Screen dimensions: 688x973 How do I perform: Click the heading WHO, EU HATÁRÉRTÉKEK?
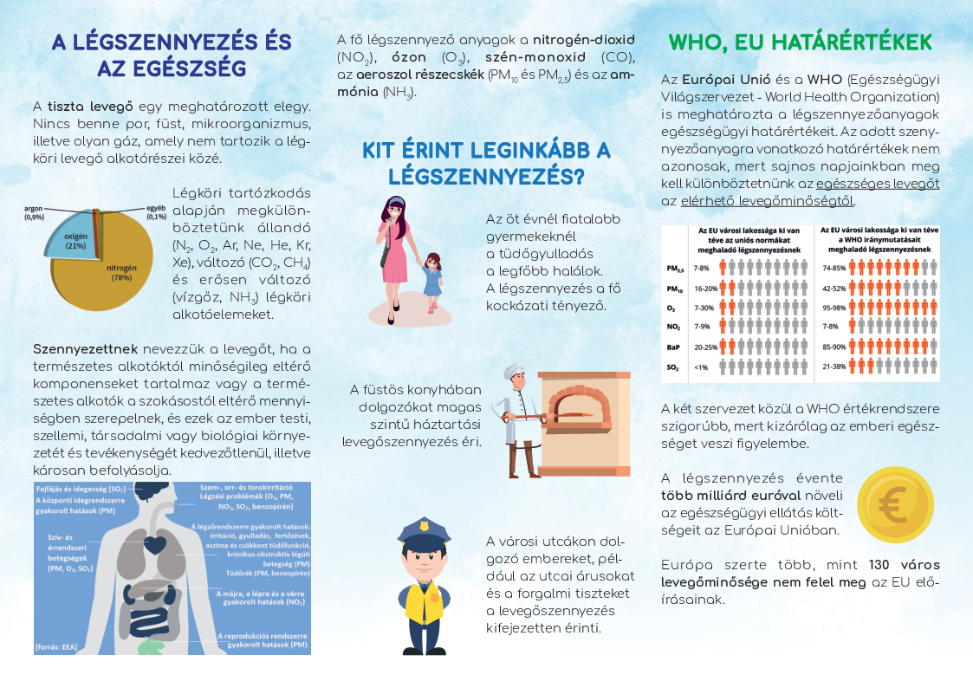coord(801,42)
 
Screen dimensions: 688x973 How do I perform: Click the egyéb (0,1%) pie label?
coord(156,212)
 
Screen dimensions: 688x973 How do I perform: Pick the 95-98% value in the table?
coord(833,308)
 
